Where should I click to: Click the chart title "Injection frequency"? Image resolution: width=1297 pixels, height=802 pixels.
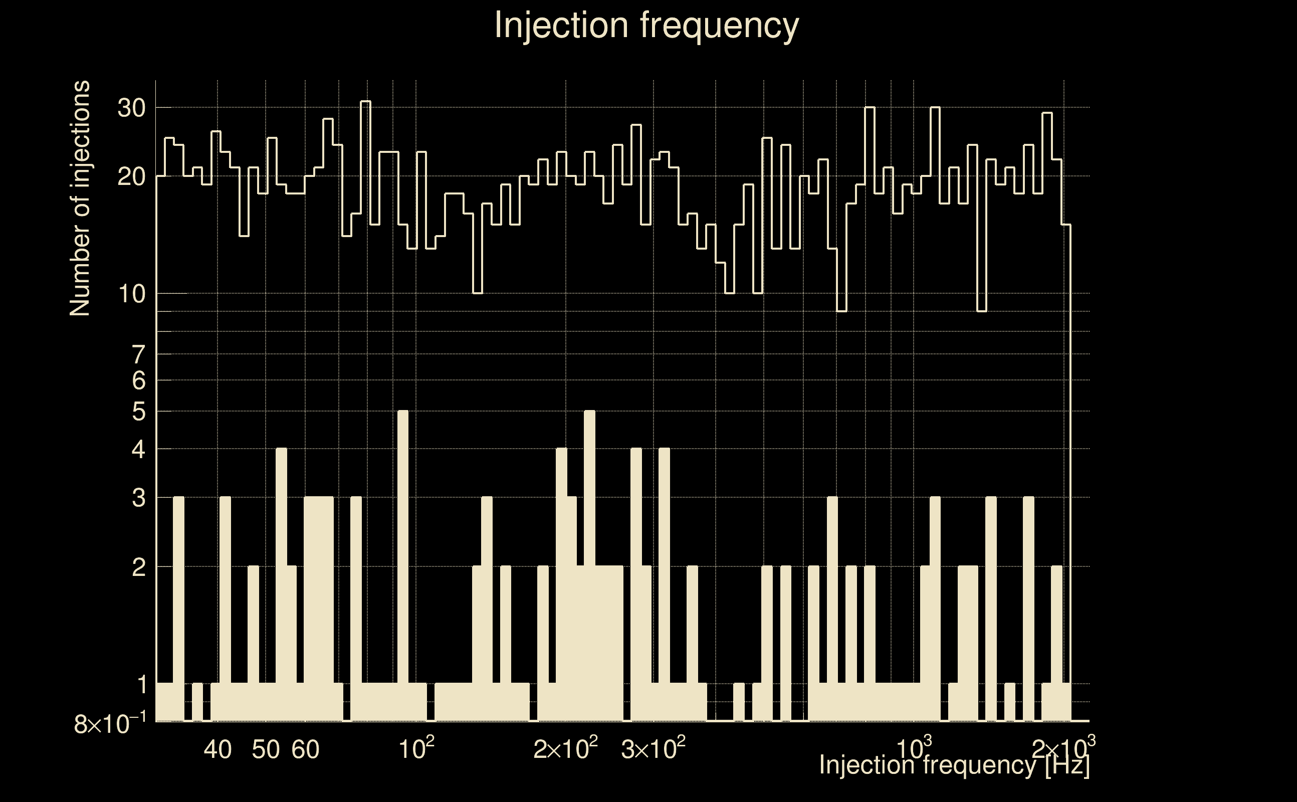(x=646, y=26)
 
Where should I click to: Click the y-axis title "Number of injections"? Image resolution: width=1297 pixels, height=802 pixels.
(x=80, y=198)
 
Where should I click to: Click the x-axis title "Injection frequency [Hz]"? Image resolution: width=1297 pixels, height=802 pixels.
(x=954, y=765)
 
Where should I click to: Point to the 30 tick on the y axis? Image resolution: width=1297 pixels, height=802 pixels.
(x=131, y=108)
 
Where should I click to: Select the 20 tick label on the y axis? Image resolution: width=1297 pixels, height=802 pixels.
(x=131, y=176)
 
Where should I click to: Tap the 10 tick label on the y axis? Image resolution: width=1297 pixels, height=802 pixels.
(x=131, y=294)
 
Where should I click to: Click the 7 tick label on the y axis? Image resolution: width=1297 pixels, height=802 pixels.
(x=138, y=354)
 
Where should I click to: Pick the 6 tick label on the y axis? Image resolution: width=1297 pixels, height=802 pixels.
(x=138, y=380)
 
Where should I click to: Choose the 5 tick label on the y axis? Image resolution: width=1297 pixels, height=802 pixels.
(x=138, y=411)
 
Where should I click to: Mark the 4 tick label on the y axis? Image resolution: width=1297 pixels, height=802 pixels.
(x=138, y=450)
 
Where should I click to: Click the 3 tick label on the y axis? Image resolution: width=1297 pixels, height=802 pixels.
(x=138, y=498)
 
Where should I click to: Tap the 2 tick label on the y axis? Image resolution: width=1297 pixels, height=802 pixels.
(x=138, y=567)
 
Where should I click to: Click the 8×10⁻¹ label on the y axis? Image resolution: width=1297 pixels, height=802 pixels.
(x=109, y=724)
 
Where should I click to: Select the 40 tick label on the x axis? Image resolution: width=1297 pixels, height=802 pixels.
(x=218, y=749)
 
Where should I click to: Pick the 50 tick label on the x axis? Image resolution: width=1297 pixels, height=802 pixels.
(x=265, y=749)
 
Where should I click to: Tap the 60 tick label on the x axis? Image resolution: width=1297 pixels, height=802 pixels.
(x=305, y=749)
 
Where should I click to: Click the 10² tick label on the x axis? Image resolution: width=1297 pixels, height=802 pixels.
(x=416, y=748)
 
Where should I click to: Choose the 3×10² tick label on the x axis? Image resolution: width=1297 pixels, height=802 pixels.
(x=653, y=748)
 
